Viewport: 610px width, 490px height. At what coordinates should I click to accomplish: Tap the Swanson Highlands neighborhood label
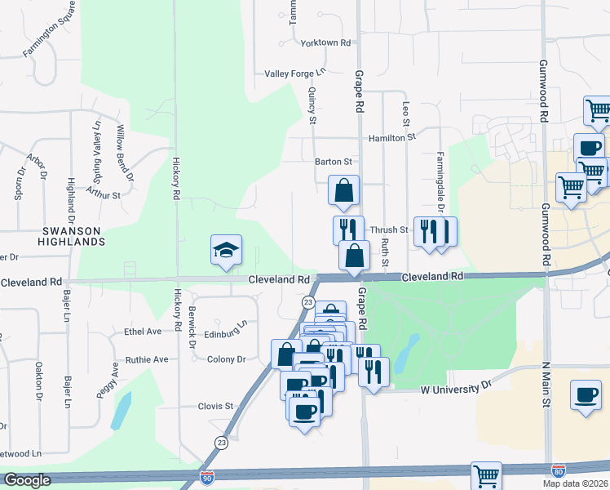[74, 237]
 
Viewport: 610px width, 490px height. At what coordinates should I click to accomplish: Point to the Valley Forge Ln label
[294, 73]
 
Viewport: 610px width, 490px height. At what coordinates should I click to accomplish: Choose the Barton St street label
[334, 162]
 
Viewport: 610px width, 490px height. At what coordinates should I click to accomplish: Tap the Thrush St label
[388, 230]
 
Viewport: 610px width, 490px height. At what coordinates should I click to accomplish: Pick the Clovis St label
[215, 406]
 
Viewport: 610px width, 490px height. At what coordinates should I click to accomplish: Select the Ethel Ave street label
[143, 332]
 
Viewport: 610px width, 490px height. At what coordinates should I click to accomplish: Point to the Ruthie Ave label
[146, 359]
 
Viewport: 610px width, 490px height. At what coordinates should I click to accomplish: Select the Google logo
[27, 480]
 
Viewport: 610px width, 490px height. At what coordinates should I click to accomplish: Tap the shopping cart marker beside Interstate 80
[486, 475]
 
